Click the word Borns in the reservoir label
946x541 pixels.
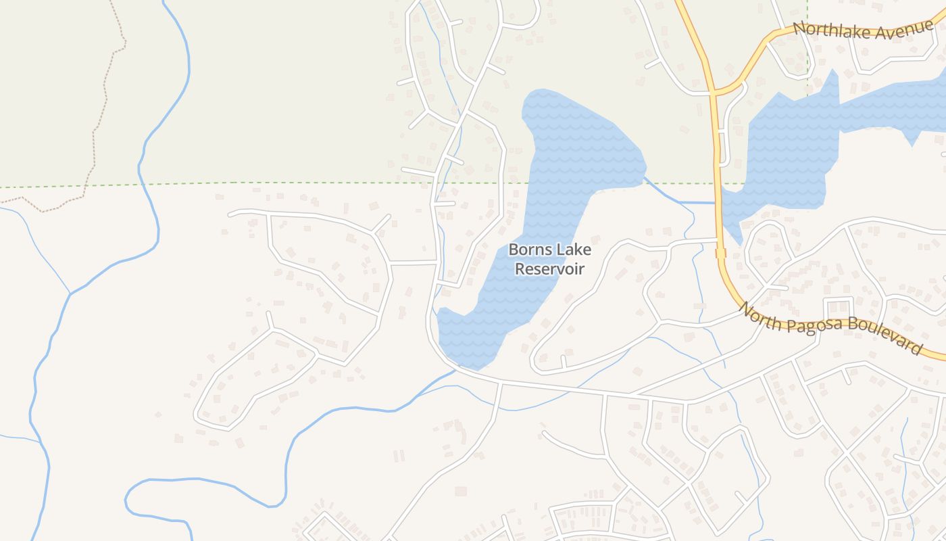click(x=527, y=250)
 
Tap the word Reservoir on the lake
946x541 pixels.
click(x=549, y=268)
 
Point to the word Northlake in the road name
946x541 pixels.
click(x=824, y=29)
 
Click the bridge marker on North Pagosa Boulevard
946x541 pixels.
click(x=720, y=253)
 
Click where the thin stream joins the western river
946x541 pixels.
click(x=70, y=293)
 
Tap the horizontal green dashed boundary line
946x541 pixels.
click(x=270, y=183)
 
